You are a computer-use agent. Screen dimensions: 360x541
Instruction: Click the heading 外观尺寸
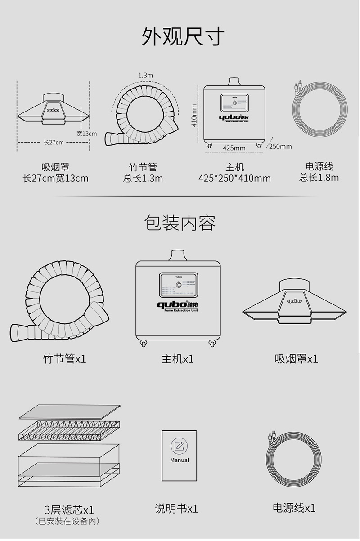tap(183, 36)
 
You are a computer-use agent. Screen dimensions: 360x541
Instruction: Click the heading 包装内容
tap(180, 223)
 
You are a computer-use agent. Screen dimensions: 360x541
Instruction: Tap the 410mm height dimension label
tap(194, 116)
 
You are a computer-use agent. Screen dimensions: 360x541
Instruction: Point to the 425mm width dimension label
tap(234, 148)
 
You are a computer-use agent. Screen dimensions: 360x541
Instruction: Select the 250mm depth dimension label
tap(280, 146)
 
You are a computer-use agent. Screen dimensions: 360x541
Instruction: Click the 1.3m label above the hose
tap(145, 76)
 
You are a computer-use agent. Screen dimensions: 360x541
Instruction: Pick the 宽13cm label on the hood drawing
tap(86, 134)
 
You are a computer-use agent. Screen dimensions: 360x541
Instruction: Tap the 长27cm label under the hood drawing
tap(54, 142)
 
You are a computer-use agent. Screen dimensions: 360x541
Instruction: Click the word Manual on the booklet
tap(180, 460)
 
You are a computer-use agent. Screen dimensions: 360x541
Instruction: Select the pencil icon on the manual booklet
tap(179, 446)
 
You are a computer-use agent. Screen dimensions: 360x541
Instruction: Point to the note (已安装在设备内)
tap(67, 521)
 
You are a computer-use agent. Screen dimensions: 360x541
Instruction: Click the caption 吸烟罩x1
tap(296, 359)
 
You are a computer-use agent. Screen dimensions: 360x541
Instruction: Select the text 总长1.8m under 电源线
tap(319, 178)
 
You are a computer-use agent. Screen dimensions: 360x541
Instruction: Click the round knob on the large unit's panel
tap(179, 285)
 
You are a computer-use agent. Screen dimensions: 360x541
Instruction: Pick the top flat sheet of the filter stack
tap(70, 411)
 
